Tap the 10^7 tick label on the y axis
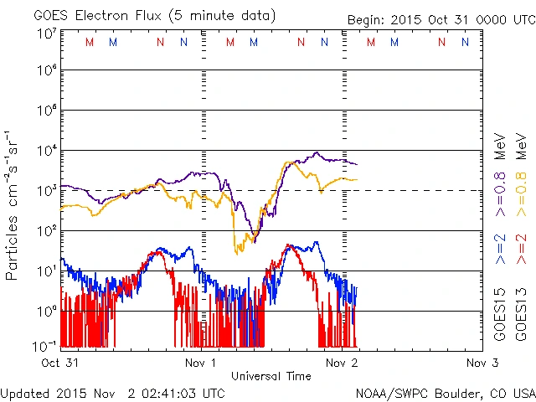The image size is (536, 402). tap(47, 33)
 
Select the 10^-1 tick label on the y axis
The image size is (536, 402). tap(47, 344)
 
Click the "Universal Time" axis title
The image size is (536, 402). tap(271, 376)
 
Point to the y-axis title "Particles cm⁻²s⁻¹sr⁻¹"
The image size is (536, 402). tap(13, 205)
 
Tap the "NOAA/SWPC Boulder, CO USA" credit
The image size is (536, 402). tap(445, 392)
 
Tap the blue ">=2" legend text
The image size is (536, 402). tap(500, 250)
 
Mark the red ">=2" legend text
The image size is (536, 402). tap(519, 250)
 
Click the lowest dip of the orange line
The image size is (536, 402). tap(238, 250)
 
